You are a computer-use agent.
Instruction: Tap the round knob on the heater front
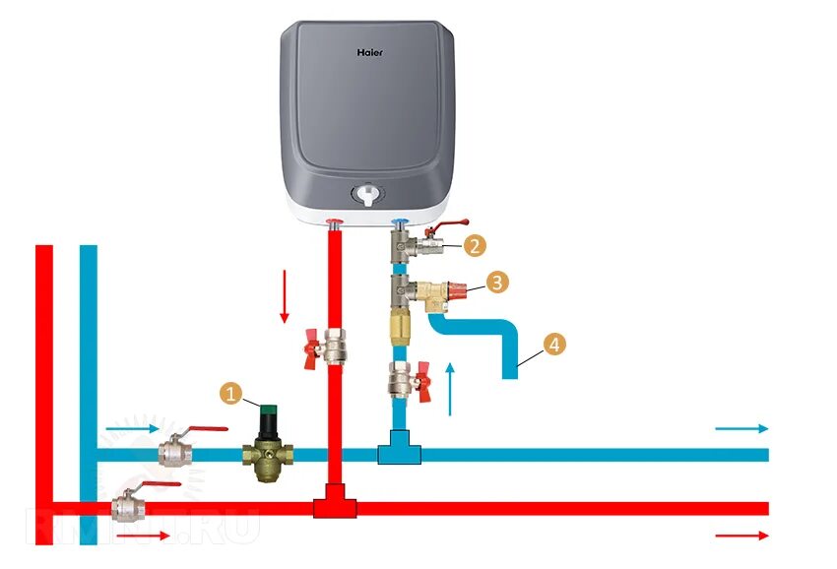pos(369,194)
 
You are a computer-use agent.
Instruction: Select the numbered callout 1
pos(231,394)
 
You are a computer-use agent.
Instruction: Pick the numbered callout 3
pos(498,283)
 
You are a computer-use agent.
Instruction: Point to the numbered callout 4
pos(555,345)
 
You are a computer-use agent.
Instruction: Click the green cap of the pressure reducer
pos(266,405)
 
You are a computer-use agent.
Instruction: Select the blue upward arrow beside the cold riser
pos(452,386)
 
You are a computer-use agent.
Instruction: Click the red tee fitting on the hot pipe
pos(335,505)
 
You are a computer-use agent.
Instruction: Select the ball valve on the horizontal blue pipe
pos(177,452)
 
